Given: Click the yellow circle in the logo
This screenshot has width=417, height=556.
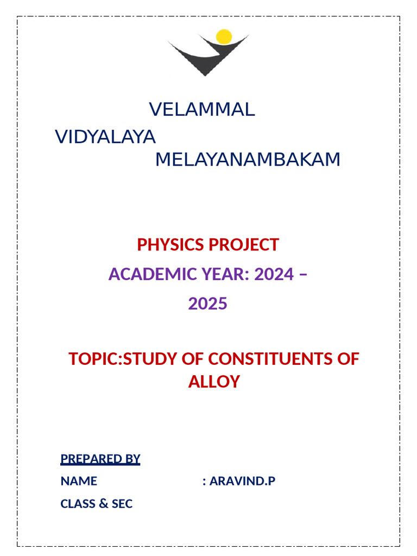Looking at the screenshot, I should (224, 37).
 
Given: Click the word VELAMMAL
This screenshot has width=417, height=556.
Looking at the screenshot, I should (202, 110).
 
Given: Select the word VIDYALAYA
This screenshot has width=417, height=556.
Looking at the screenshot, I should (106, 137).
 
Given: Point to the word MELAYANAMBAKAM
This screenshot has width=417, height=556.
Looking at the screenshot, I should (248, 160).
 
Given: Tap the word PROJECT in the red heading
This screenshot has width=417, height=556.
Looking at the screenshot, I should (243, 245).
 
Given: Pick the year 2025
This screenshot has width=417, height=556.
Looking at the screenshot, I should (208, 304).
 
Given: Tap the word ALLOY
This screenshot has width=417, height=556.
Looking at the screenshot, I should (214, 382).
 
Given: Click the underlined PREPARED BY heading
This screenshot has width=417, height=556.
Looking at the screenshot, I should (100, 459).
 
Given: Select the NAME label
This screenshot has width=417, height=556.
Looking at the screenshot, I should (79, 481).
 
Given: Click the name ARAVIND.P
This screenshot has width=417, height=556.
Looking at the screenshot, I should (242, 481).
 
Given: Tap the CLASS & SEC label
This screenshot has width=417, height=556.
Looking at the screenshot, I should (97, 504).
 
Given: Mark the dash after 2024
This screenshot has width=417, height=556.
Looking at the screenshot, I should (303, 274).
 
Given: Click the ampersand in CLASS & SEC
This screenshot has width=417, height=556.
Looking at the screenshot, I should (103, 504).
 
